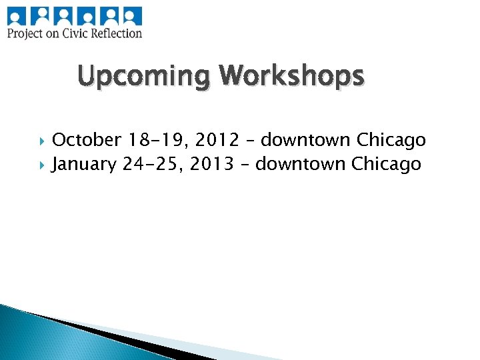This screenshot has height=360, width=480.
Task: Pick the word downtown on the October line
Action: pyautogui.click(x=306, y=140)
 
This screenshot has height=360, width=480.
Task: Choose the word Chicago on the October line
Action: pyautogui.click(x=391, y=140)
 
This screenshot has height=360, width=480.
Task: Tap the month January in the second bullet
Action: pyautogui.click(x=84, y=163)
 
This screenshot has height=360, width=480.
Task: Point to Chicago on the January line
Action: pyautogui.click(x=387, y=163)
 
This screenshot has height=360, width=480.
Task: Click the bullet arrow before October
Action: pyautogui.click(x=44, y=141)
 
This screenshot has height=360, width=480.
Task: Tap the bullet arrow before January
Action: pyautogui.click(x=44, y=164)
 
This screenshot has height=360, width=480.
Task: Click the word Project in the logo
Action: pyautogui.click(x=25, y=33)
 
